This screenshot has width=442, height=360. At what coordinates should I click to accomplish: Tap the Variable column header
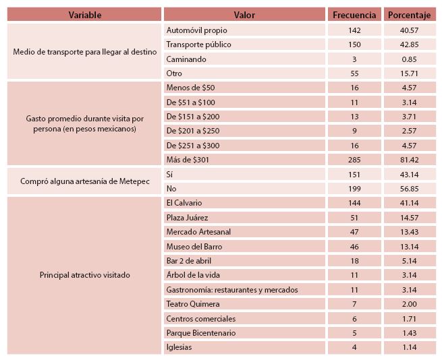click(84, 15)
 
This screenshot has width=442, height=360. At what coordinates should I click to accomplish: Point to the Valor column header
click(244, 15)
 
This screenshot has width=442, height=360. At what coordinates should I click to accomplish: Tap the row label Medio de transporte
click(85, 52)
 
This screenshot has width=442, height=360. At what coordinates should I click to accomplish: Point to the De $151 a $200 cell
click(192, 116)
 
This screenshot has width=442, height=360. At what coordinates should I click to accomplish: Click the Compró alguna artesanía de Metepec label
click(85, 181)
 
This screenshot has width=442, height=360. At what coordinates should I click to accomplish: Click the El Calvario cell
click(184, 203)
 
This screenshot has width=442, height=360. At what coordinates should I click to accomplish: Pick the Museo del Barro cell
click(194, 247)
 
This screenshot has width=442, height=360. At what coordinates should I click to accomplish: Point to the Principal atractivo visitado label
click(85, 275)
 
